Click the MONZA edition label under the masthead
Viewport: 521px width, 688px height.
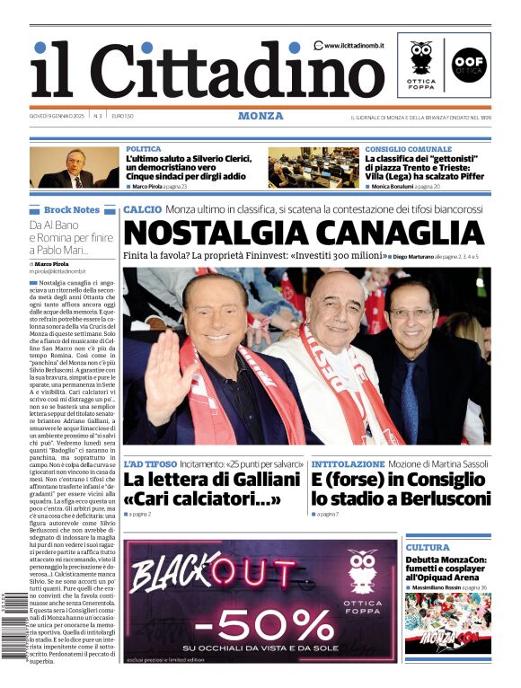[260, 116]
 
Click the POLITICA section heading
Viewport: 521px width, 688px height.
[144, 149]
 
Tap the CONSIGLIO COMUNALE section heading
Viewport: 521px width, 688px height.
[408, 149]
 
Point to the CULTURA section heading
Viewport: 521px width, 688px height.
[427, 547]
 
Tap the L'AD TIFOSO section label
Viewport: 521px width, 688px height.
[151, 464]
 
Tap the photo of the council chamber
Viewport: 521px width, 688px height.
[313, 167]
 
